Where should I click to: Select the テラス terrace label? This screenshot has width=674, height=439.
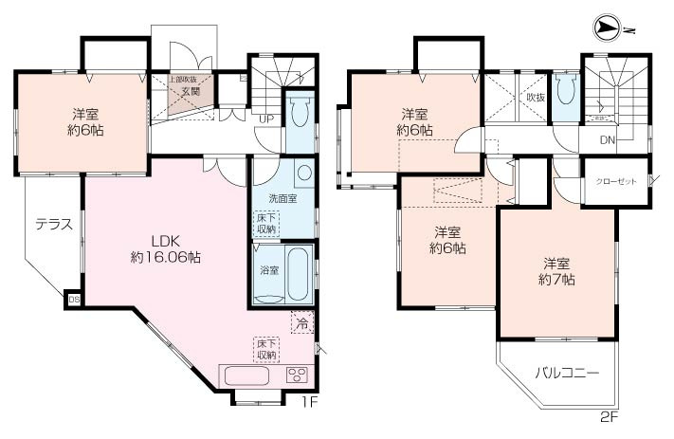point(54,225)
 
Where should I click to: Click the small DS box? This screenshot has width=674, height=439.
point(73,301)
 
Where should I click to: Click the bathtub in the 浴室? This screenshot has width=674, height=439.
point(298,273)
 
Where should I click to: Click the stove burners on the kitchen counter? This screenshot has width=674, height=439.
point(297,375)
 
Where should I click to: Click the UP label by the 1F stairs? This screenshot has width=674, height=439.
point(266,119)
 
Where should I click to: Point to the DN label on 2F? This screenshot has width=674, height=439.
point(608,141)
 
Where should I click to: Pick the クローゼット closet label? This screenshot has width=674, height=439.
point(615,181)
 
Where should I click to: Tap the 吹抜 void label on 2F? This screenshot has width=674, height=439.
point(536,97)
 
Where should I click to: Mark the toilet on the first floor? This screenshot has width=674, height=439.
point(299,113)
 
